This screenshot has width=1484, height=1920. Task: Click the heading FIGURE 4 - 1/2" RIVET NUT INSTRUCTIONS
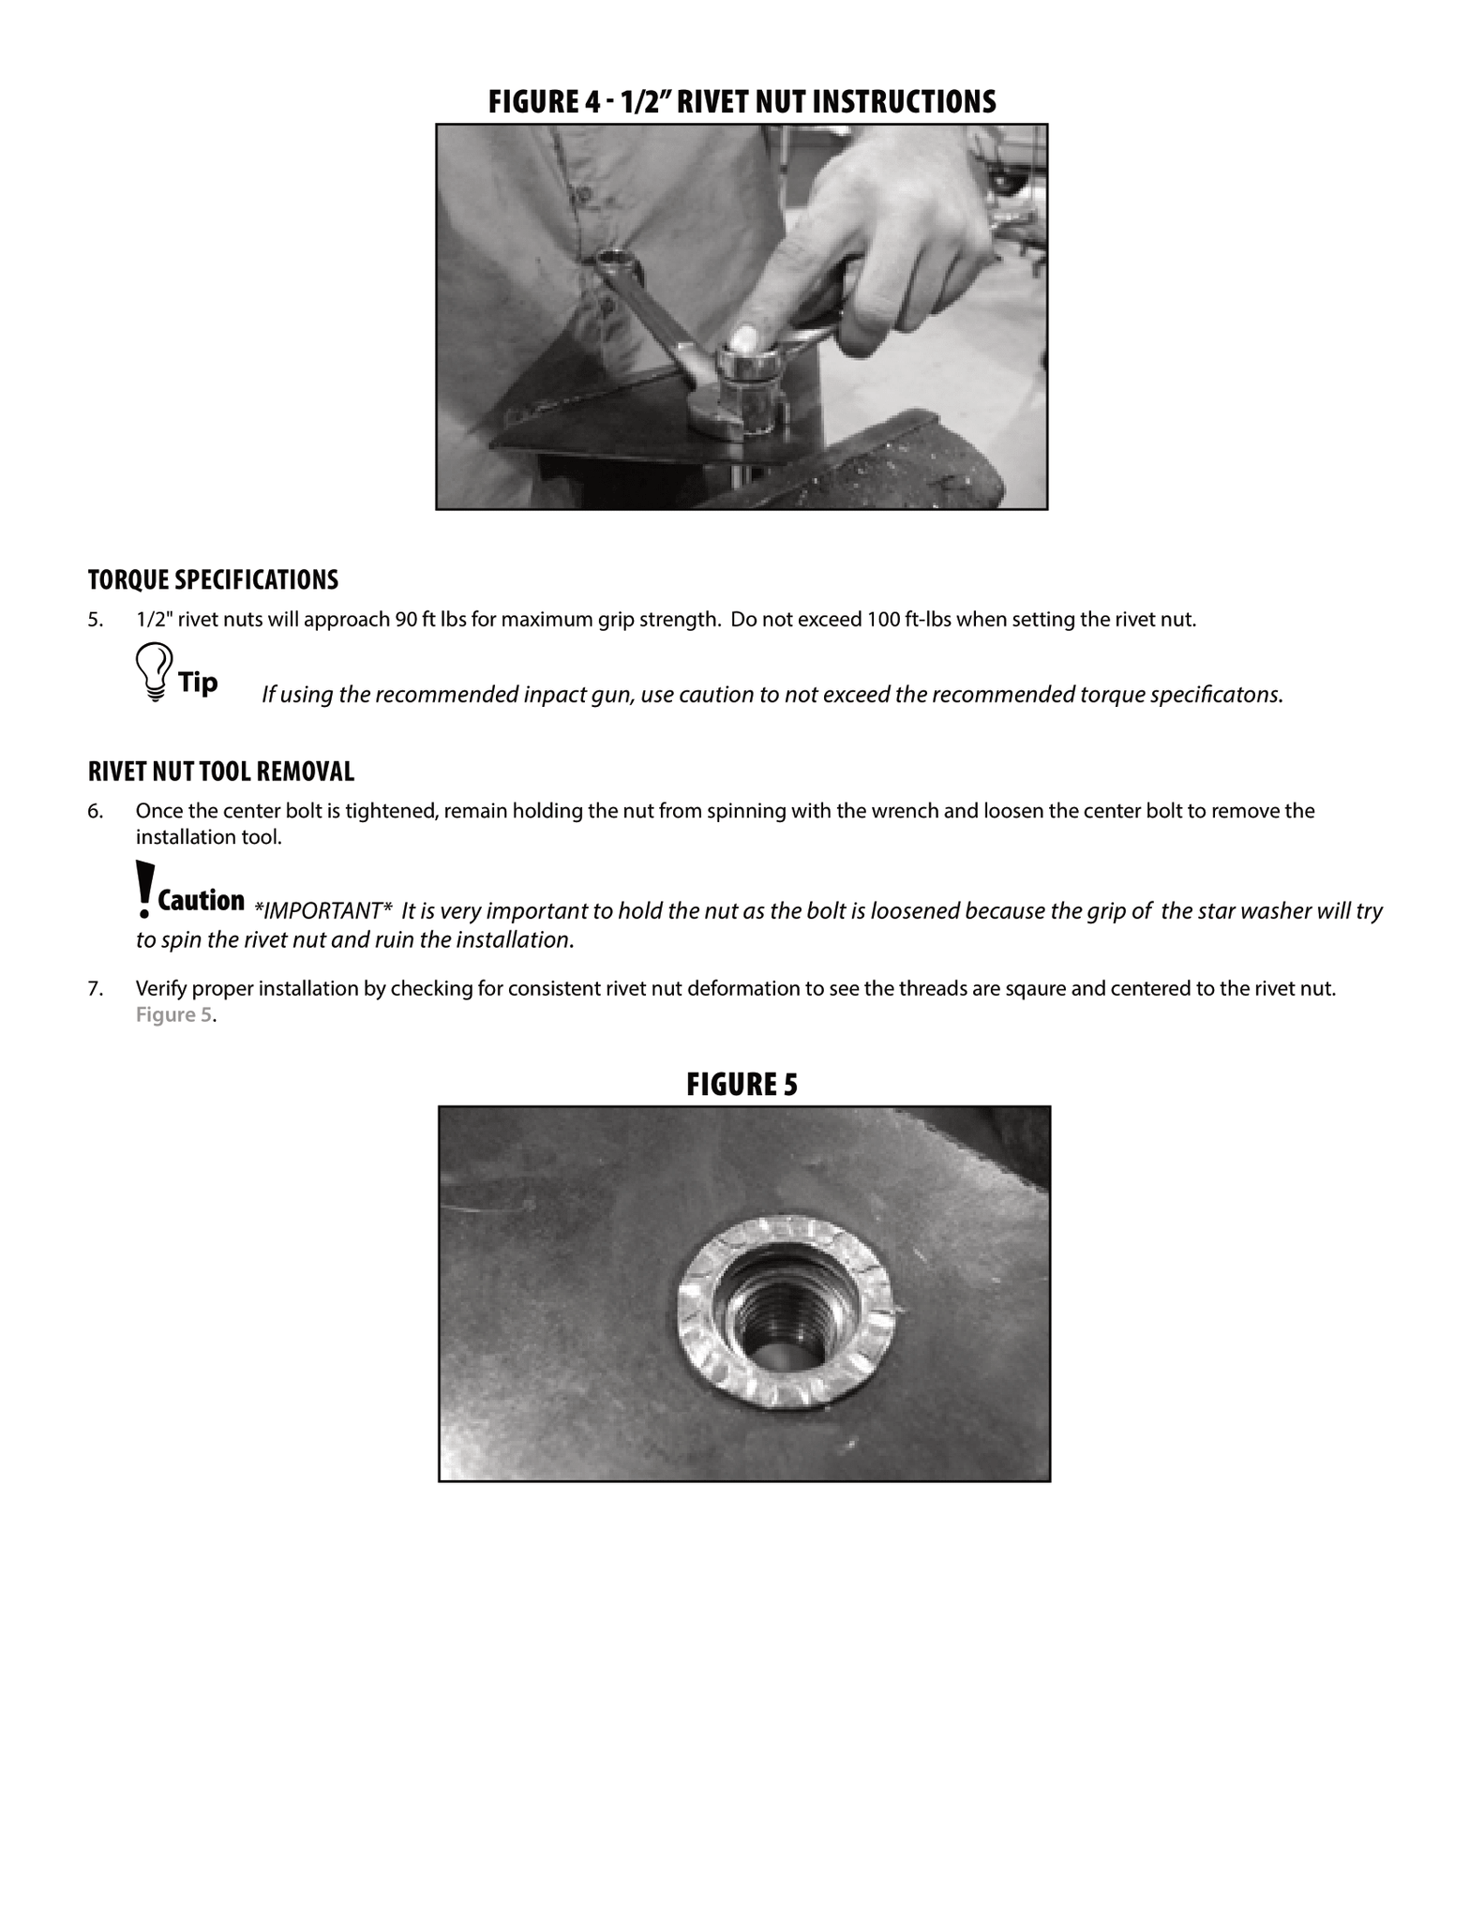point(742,101)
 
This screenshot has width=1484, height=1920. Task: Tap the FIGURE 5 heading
point(742,1085)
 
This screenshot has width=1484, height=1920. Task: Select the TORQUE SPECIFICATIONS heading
point(213,580)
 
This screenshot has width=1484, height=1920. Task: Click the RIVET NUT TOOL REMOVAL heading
point(221,772)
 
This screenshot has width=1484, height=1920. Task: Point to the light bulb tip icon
point(154,671)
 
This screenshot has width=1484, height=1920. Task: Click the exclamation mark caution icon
point(143,888)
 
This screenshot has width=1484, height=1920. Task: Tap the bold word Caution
point(201,901)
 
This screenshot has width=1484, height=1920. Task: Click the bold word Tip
point(198,682)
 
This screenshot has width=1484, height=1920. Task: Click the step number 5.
point(94,620)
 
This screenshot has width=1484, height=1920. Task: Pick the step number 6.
point(95,811)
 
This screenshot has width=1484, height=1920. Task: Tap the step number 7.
point(95,988)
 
